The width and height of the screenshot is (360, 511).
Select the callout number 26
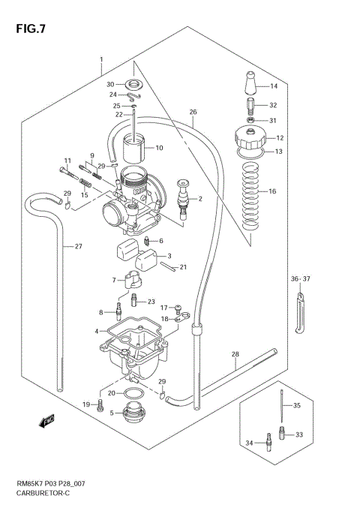tap(193, 113)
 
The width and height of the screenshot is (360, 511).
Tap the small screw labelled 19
tap(99, 406)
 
